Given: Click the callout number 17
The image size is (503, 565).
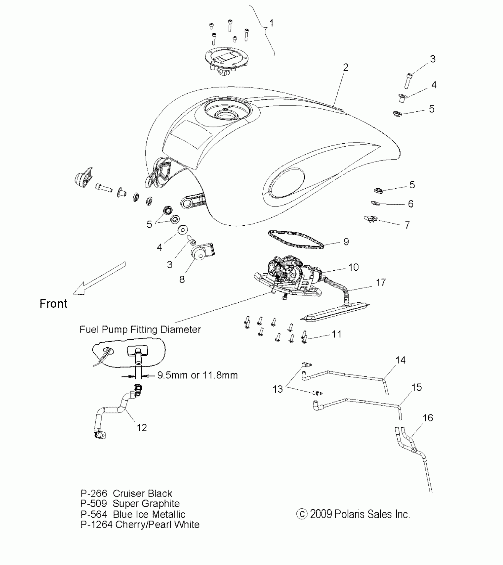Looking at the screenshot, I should (x=381, y=282).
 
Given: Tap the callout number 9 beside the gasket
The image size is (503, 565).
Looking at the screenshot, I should (x=346, y=242).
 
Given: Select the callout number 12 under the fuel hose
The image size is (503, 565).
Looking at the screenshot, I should (x=142, y=428).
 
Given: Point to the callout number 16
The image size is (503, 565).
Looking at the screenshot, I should (x=428, y=418).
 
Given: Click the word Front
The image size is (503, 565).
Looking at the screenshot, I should (x=54, y=304).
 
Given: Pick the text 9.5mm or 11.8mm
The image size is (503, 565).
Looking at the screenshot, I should (x=197, y=375).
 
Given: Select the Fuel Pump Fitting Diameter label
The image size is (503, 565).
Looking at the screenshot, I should (x=140, y=330).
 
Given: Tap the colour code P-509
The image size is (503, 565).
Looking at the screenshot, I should (x=93, y=504).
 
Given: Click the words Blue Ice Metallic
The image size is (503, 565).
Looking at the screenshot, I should (x=149, y=514).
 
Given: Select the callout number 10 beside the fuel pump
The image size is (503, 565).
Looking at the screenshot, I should (x=353, y=267).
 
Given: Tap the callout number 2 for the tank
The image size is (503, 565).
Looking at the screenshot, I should (x=346, y=68).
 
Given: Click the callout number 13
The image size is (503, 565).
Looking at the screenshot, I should (x=278, y=389).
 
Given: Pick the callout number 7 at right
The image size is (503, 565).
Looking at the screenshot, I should (x=407, y=225).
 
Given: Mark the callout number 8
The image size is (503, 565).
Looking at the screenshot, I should (x=182, y=279).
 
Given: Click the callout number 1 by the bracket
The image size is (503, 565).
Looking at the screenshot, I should (x=271, y=23).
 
